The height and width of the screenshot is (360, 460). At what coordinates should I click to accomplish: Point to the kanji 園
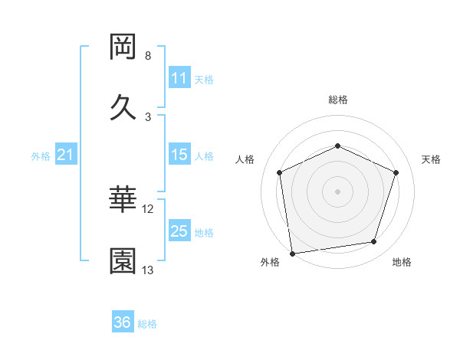point(123,261)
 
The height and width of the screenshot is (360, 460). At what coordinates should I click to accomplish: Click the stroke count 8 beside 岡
point(148,56)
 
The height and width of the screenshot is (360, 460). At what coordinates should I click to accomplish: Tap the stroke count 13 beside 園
point(148,270)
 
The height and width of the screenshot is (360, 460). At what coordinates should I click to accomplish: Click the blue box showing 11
point(179,78)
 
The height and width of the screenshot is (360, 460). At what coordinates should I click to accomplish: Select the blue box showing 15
point(179,155)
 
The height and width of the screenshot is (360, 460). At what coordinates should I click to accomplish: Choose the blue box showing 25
point(179,231)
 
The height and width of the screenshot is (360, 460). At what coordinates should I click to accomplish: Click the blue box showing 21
point(66,155)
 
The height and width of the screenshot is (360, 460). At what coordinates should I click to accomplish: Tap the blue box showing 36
point(123,322)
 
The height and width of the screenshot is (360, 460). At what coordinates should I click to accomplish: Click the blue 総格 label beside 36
point(147,324)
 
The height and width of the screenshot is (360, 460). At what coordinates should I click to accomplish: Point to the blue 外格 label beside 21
point(41,156)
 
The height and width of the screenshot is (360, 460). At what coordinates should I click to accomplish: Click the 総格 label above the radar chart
point(337,100)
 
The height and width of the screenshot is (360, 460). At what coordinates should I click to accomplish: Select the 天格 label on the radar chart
point(431,159)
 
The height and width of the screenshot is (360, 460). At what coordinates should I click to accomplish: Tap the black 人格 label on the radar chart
point(245,159)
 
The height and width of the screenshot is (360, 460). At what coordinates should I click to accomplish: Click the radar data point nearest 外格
point(291,252)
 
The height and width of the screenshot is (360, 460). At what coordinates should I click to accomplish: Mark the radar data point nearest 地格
point(374,242)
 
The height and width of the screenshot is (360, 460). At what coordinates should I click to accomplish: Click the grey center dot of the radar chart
point(337,191)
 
